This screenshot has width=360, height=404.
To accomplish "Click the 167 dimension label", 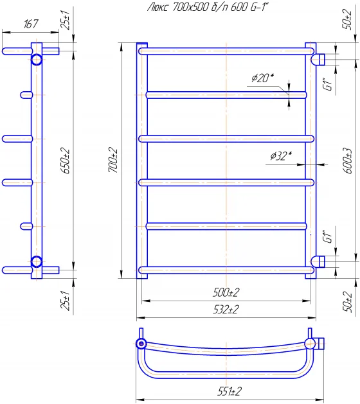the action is click(x=31, y=24).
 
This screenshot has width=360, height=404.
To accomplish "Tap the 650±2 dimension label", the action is click(x=66, y=161).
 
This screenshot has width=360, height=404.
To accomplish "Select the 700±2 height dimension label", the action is click(x=113, y=161).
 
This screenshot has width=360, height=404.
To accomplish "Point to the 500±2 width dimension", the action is click(x=226, y=292).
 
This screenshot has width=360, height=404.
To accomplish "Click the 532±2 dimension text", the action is click(x=226, y=310).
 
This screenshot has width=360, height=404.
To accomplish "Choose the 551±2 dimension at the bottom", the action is click(x=230, y=391).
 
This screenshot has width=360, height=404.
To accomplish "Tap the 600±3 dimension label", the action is click(x=348, y=161).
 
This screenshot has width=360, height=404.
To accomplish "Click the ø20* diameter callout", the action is click(x=262, y=78).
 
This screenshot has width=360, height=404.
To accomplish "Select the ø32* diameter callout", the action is click(x=281, y=156).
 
